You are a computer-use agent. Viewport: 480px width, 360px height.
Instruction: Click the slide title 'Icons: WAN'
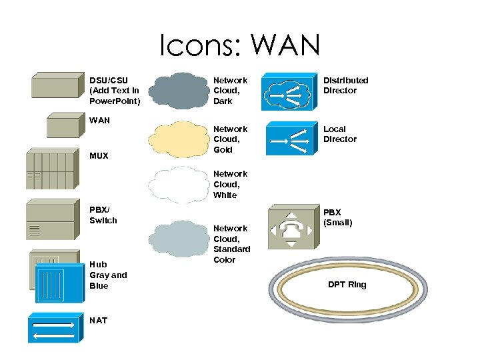[239, 45]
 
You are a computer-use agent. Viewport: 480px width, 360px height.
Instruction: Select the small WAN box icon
[63, 125]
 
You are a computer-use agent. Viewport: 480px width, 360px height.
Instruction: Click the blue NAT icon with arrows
[53, 327]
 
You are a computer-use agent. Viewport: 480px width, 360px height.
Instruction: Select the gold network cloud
[176, 139]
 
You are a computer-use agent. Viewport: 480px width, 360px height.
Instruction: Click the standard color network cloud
[176, 239]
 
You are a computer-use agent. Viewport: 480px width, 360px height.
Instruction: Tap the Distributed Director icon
[287, 93]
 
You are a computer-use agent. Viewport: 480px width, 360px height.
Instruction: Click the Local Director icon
[290, 139]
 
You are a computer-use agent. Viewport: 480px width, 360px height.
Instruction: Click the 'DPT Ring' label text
[347, 285]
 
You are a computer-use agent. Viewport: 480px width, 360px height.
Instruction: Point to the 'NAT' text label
[98, 321]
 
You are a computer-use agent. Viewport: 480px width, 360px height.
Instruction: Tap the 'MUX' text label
[99, 157]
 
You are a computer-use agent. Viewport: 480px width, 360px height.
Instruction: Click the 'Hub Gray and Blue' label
[108, 275]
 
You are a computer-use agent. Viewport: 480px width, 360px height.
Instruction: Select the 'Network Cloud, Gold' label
[230, 139]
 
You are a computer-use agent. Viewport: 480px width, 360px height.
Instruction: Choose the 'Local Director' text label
[340, 134]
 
